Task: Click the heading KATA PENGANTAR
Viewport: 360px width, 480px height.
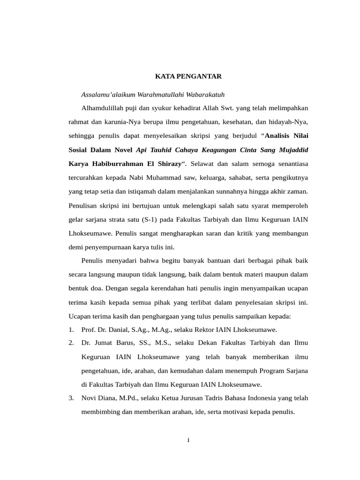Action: (188, 75)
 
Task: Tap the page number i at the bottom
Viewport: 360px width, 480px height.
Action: (188, 440)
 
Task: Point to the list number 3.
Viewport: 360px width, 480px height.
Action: (71, 398)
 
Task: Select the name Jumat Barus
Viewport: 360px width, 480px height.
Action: (115, 344)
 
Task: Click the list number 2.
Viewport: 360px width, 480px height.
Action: (71, 344)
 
